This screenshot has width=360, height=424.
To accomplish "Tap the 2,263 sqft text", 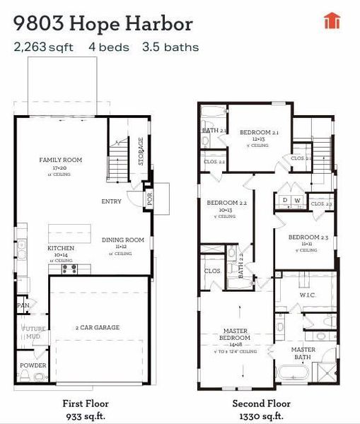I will click(45, 47).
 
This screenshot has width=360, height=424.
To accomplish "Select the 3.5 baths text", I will click(170, 47).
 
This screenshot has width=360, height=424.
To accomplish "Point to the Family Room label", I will click(60, 160).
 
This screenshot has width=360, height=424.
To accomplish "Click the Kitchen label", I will click(61, 248).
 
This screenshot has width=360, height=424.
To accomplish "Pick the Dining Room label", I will click(122, 240).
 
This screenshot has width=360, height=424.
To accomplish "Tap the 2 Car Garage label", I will click(97, 327).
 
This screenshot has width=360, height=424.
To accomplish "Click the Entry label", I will click(111, 201).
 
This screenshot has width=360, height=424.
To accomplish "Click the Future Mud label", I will click(33, 331).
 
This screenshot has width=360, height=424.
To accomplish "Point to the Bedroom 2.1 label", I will click(259, 132).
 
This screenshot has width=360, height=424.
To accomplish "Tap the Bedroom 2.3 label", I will click(308, 237).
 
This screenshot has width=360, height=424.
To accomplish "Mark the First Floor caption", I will click(84, 404).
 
